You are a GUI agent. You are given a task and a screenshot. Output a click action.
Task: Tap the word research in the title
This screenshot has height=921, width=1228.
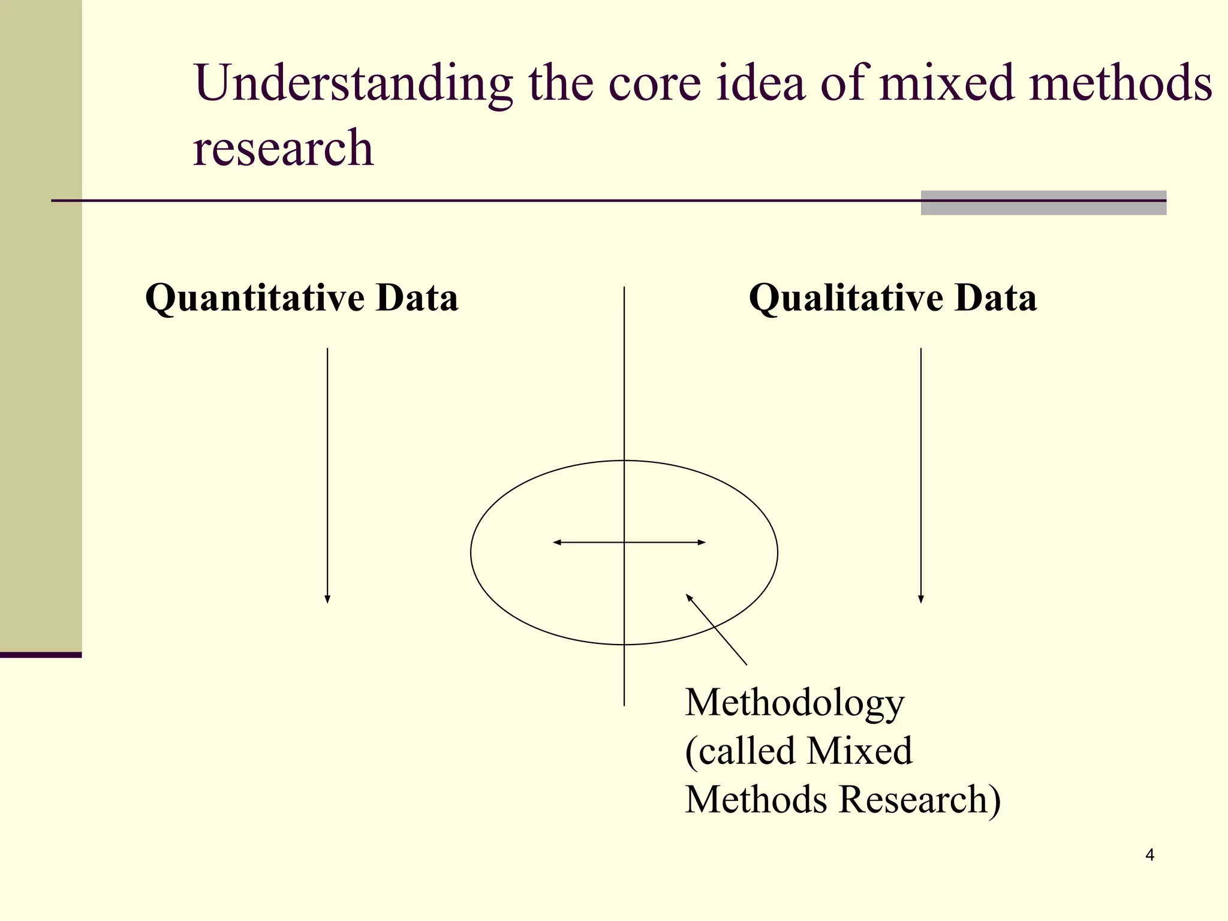tap(283, 148)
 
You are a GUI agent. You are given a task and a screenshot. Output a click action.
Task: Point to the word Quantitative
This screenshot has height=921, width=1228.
tap(254, 298)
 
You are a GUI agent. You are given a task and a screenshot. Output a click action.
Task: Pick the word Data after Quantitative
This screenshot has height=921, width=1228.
tap(417, 298)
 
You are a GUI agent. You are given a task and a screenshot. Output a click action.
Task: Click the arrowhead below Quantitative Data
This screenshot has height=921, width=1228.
tap(327, 599)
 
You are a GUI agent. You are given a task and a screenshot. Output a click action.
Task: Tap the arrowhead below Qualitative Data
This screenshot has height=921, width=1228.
tap(921, 599)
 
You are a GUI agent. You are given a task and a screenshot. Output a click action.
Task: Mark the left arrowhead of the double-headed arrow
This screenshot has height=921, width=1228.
tap(556, 543)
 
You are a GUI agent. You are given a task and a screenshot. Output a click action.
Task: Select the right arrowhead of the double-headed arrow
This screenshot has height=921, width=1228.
tap(702, 543)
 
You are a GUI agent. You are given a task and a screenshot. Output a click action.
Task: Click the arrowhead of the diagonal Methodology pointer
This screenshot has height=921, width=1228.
tap(689, 597)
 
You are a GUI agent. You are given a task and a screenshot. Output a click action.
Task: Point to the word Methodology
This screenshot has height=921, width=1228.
tap(794, 703)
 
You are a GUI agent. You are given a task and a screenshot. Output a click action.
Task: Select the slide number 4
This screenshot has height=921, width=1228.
tap(1149, 855)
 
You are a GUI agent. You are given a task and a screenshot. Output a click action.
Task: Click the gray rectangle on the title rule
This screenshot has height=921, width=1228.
tap(1043, 203)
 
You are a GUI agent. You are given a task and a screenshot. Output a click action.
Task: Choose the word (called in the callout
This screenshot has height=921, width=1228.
tap(740, 751)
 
